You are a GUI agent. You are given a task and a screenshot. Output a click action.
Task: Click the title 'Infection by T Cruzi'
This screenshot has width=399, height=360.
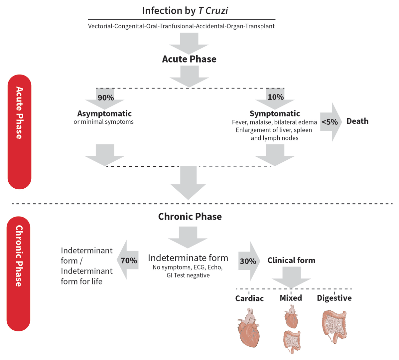point(185,11)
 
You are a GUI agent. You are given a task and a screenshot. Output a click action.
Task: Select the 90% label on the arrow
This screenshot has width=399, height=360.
point(106,97)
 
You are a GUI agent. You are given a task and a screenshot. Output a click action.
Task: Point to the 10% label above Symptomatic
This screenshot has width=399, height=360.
point(276,97)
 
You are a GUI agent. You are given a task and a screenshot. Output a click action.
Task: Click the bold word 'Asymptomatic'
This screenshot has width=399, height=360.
point(104,113)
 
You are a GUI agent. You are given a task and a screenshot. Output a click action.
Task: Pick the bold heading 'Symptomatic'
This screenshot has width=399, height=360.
point(275,113)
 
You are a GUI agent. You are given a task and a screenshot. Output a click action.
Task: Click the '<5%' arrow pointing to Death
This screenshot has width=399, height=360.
point(330,122)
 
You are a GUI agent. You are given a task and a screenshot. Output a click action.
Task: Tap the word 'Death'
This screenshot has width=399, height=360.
point(357,121)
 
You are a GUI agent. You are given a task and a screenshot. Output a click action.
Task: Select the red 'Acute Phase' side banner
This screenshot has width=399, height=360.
point(19,132)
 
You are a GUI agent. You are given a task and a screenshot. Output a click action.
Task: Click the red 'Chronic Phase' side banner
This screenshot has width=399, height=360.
point(19,273)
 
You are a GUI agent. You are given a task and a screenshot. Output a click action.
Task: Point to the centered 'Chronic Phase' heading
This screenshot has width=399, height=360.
point(190,217)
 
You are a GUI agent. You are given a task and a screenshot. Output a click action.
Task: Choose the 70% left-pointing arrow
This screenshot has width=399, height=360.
point(128,260)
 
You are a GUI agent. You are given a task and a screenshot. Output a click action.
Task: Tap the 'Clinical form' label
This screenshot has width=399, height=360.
point(291,260)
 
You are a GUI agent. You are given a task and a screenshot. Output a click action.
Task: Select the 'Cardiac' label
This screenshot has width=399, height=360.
point(249,298)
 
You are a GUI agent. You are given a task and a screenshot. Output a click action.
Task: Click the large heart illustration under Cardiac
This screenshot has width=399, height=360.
point(248,328)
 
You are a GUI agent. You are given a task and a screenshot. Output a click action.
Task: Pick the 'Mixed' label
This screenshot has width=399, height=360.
point(291,298)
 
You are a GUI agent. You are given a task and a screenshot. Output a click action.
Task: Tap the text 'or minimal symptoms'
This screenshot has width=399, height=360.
point(104,122)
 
